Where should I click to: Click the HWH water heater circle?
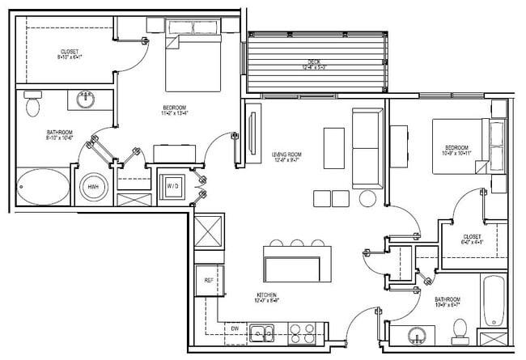tap(94, 188)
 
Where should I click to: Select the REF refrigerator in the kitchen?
tap(209, 280)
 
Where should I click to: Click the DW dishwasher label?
tap(233, 328)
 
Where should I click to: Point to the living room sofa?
tap(367, 146)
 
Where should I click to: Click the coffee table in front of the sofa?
tap(333, 148)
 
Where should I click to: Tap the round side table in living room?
tap(368, 198)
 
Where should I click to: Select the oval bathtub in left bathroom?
tap(44, 187)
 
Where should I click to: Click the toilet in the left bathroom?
tap(32, 105)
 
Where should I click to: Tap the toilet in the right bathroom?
tap(460, 328)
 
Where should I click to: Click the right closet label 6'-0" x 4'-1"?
tap(472, 239)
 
